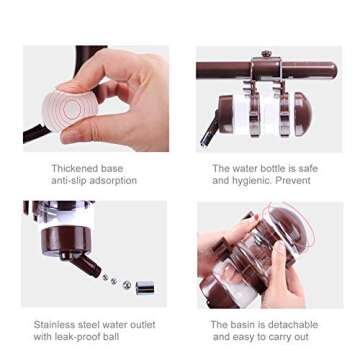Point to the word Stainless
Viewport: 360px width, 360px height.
54,324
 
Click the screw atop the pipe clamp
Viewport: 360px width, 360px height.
266,53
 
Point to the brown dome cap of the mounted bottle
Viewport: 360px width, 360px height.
303,114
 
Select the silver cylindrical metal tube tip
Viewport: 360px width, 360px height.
145,288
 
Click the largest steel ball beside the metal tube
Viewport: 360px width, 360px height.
126,284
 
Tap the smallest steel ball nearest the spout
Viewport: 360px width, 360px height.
106,277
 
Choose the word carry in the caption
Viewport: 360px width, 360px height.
271,337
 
